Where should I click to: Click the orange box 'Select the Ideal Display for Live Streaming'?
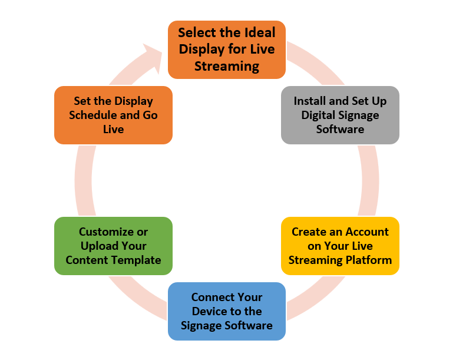pyautogui.click(x=227, y=49)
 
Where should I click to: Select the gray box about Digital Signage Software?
pyautogui.click(x=340, y=115)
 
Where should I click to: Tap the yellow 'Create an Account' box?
pyautogui.click(x=340, y=246)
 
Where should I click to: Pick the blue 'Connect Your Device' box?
pyautogui.click(x=227, y=311)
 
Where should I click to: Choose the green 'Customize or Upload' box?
pyautogui.click(x=113, y=246)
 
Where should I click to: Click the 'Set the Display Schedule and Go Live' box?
pyautogui.click(x=113, y=115)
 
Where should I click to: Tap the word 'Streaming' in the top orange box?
pyautogui.click(x=227, y=66)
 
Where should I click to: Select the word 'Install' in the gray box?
pyautogui.click(x=310, y=101)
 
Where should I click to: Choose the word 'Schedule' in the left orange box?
pyautogui.click(x=92, y=115)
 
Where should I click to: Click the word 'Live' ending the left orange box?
pyautogui.click(x=113, y=129)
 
